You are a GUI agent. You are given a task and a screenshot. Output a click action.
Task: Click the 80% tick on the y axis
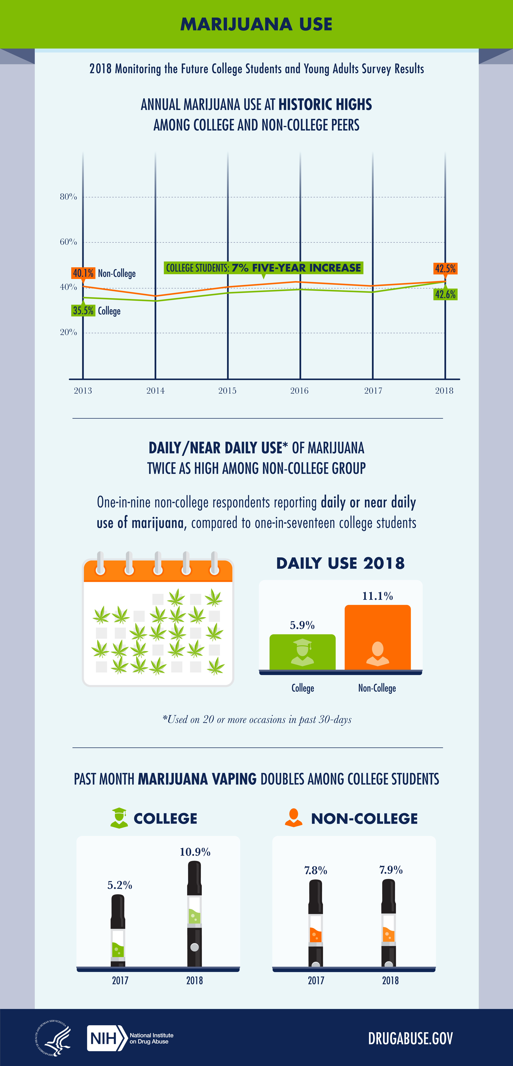tap(68, 197)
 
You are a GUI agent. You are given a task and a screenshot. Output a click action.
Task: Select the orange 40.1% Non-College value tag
tap(83, 273)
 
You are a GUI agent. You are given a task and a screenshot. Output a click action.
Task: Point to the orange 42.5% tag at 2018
tap(445, 269)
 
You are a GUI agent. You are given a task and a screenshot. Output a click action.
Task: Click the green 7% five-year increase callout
tap(264, 268)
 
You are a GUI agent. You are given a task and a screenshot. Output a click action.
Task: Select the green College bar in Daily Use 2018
tap(302, 652)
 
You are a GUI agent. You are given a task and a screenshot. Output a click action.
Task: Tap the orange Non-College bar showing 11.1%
tap(378, 637)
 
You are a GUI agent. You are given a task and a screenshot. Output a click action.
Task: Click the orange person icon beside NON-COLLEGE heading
tap(294, 818)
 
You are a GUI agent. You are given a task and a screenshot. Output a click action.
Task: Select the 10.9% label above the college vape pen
tap(195, 852)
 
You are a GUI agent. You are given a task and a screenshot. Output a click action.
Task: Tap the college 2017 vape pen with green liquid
tap(118, 930)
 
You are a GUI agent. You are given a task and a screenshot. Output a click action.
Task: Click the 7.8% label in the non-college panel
tap(316, 870)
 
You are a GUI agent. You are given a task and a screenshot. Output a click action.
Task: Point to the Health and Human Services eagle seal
tap(53, 1038)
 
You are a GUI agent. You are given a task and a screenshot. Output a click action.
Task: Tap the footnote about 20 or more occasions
tap(257, 720)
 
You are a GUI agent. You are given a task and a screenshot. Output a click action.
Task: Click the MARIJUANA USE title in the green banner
tap(257, 24)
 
